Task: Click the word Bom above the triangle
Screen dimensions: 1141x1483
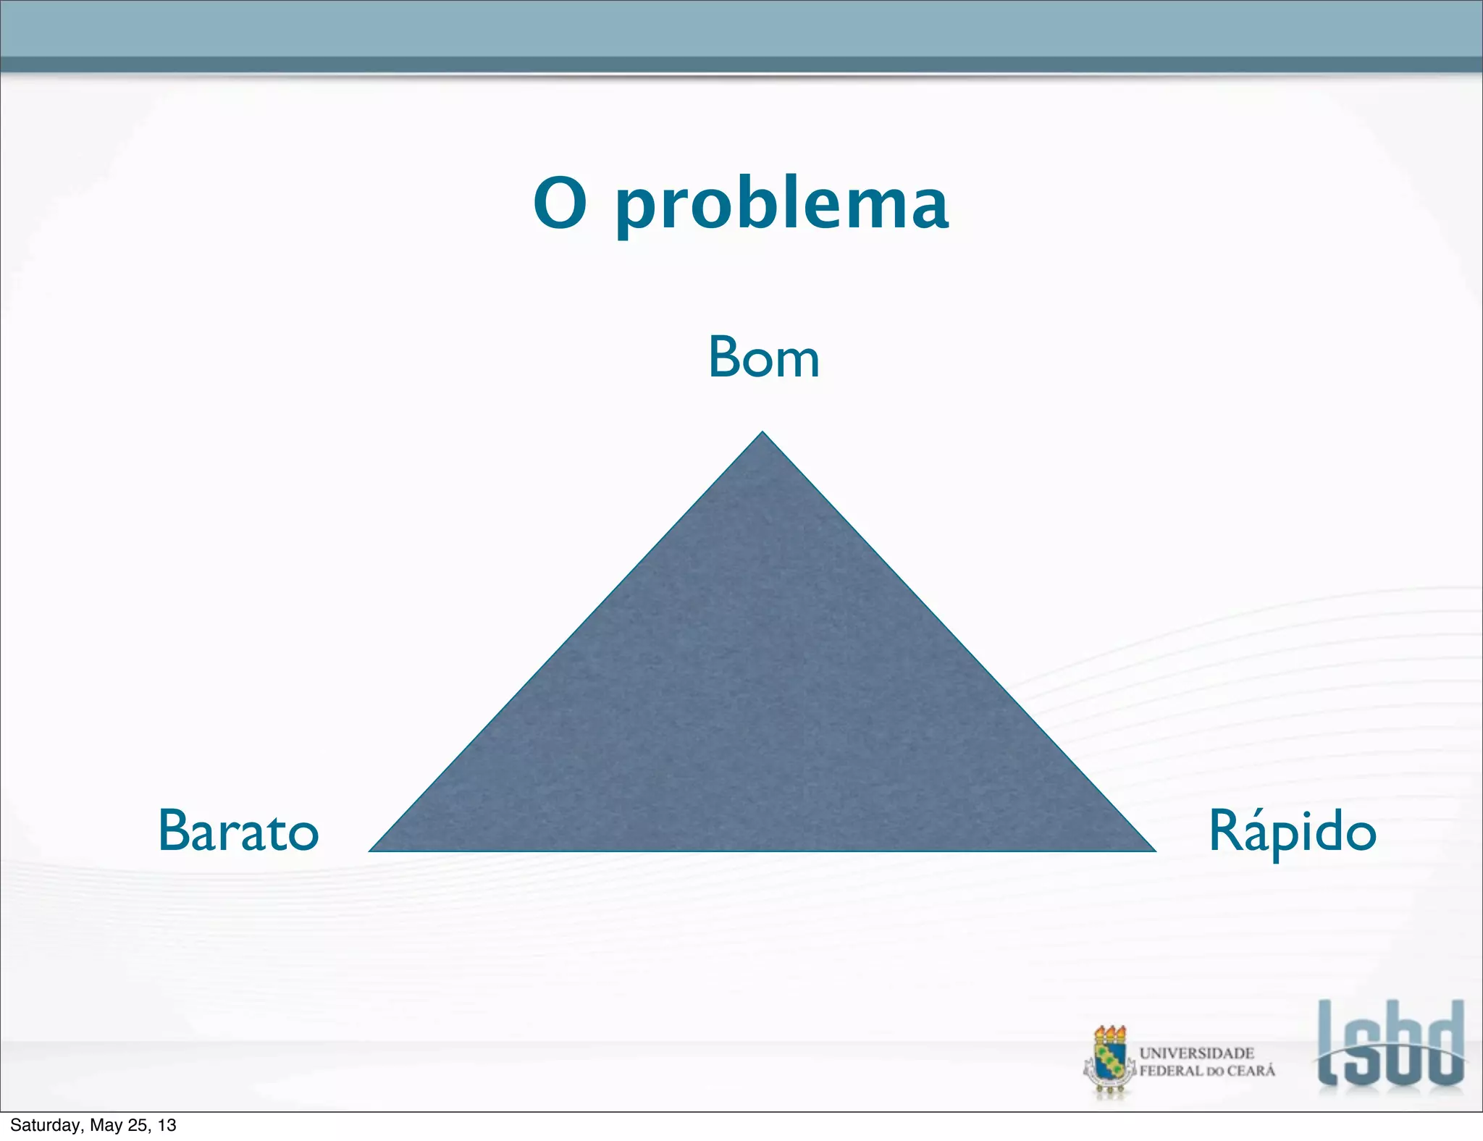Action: [x=764, y=358]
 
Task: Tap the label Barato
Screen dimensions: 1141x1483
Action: [x=238, y=831]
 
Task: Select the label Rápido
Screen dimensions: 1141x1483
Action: [x=1293, y=833]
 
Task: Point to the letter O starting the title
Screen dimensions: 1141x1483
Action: [x=560, y=203]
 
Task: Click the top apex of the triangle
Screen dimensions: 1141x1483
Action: [x=762, y=434]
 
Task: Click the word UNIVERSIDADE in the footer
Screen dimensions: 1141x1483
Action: [x=1196, y=1053]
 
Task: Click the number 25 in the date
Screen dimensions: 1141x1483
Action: [x=138, y=1125]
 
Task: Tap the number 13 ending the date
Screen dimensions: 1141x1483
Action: [x=167, y=1125]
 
